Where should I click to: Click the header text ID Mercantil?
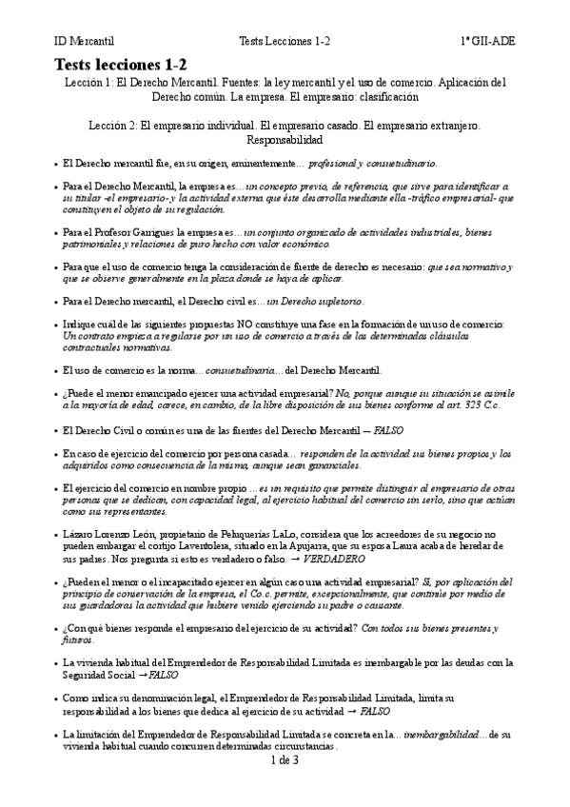pos(83,42)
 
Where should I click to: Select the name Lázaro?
pos(79,536)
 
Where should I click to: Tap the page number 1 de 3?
pos(285,760)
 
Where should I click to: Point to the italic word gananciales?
pos(332,465)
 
